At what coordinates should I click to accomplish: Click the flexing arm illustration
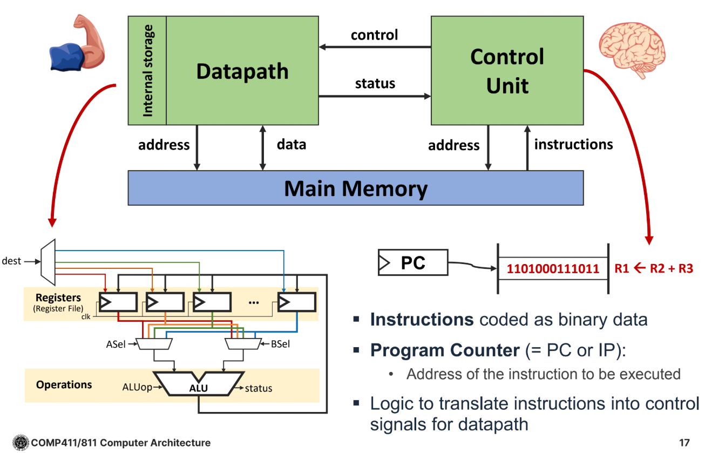[76, 45]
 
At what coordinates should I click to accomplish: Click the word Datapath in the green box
[242, 71]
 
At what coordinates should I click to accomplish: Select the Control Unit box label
[507, 71]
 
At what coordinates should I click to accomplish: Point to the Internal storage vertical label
[147, 71]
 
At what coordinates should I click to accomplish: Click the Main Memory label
[355, 188]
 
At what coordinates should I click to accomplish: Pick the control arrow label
[374, 35]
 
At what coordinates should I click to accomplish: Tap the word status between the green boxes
[375, 84]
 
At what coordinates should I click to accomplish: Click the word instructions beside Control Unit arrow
[573, 145]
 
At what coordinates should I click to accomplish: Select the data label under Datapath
[291, 145]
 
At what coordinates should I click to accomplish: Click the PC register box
[413, 263]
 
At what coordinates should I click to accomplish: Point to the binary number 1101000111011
[553, 268]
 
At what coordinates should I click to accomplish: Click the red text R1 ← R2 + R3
[654, 268]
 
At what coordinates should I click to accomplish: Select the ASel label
[116, 343]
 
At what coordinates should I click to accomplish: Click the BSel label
[280, 343]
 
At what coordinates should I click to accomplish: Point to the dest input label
[11, 261]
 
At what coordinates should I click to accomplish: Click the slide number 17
[684, 443]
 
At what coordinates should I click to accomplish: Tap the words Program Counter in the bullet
[444, 350]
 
